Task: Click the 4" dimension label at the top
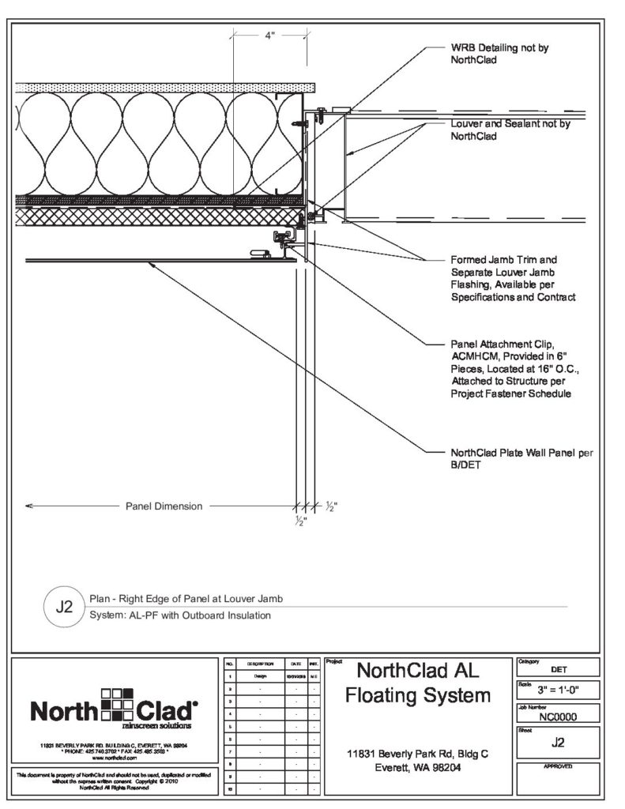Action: (269, 36)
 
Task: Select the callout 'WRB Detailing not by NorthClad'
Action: (499, 53)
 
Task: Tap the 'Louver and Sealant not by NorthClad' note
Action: (510, 130)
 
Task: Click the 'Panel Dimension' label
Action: (164, 506)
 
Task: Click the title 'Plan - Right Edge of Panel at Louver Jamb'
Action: (186, 598)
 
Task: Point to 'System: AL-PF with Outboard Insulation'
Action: (180, 615)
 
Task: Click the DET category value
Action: (558, 668)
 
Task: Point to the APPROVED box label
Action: (558, 767)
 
